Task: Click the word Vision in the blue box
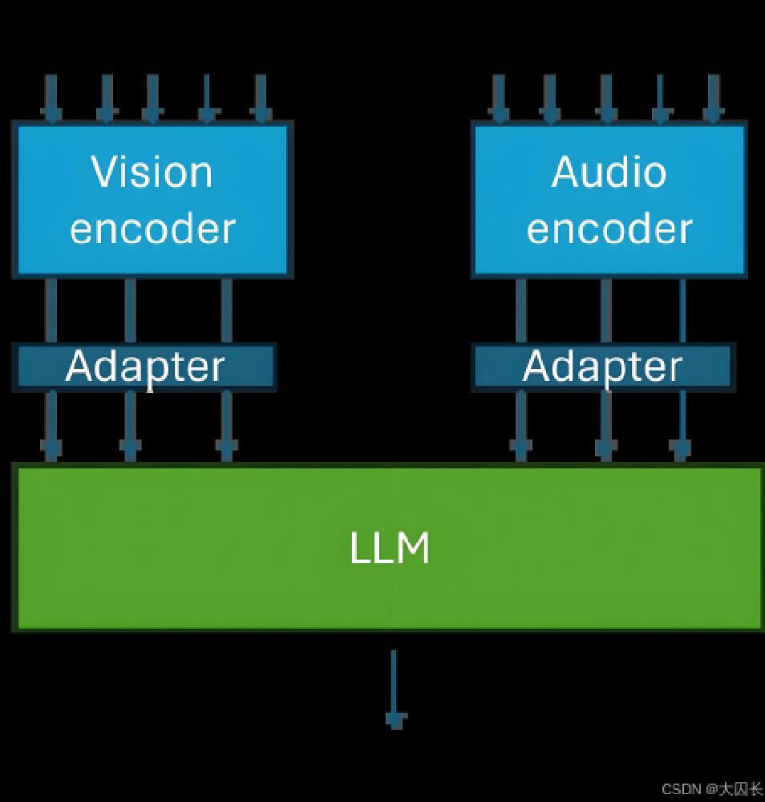152,172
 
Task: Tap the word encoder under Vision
152,228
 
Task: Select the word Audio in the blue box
609,172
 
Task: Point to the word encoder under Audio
609,228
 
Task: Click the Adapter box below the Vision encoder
144,367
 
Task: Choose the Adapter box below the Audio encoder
602,367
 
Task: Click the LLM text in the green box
390,549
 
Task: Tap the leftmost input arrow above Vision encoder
52,99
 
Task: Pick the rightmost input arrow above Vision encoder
260,99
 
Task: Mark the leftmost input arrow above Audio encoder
499,99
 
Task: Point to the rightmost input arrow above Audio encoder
712,99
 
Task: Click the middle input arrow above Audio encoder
605,99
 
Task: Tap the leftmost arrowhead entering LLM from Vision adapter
52,449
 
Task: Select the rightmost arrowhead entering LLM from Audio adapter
681,449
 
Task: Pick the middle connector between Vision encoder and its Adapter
130,310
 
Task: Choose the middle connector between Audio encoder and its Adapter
605,310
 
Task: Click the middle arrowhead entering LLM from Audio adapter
605,449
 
